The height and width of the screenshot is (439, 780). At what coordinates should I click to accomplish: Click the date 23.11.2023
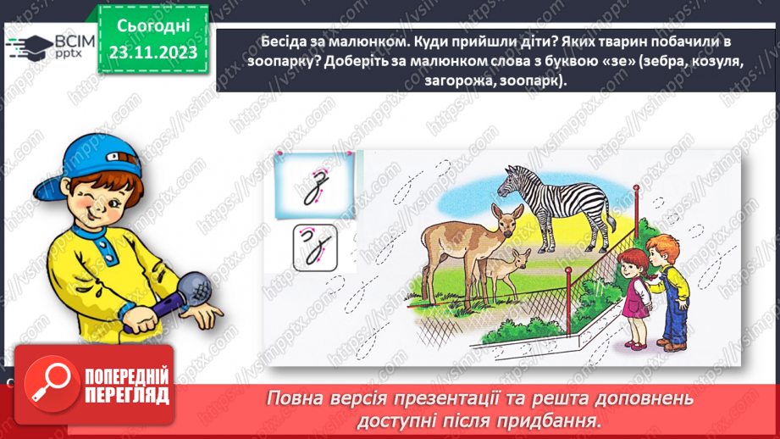[152, 53]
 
